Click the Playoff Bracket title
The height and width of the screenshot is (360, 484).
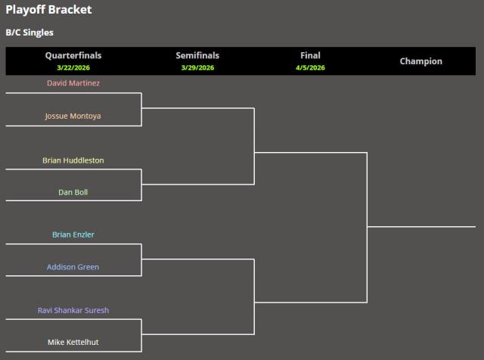click(x=48, y=10)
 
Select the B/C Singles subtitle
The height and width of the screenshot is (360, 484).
click(x=29, y=33)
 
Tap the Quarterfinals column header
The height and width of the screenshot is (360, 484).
click(x=73, y=55)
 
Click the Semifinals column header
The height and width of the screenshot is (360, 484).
click(x=197, y=55)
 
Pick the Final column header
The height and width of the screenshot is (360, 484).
click(x=310, y=55)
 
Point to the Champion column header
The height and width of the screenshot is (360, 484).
click(x=420, y=61)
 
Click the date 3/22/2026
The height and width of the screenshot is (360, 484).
click(x=73, y=67)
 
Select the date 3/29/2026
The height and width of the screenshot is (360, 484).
click(x=197, y=67)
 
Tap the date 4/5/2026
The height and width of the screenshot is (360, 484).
click(x=310, y=67)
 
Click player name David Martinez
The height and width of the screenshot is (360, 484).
click(x=73, y=82)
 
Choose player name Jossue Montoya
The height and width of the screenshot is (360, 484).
click(x=73, y=116)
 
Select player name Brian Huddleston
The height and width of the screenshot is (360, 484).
click(x=73, y=160)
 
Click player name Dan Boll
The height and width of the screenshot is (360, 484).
click(x=73, y=192)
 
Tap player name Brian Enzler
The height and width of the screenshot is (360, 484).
click(x=73, y=234)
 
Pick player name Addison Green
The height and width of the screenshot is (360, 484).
click(x=73, y=267)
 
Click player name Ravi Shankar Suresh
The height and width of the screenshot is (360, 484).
click(x=73, y=310)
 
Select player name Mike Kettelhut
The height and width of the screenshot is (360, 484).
click(x=73, y=342)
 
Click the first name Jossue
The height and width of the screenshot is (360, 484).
click(x=57, y=116)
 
